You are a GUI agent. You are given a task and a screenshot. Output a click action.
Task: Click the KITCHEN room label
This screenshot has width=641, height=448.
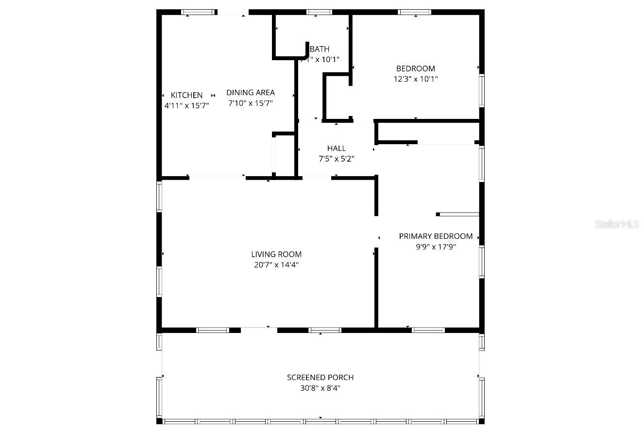[x=186, y=95]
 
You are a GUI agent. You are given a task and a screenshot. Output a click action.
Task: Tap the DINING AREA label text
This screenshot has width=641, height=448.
[x=251, y=92]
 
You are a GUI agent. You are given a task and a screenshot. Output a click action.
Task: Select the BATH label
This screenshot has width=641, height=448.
[x=320, y=49]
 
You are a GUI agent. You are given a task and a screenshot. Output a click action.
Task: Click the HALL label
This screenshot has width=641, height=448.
[x=337, y=148]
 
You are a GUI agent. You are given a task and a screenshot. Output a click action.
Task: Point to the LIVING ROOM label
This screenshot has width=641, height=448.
[x=276, y=254]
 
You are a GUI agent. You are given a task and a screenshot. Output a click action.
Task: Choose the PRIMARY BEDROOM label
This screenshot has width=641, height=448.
[x=436, y=236]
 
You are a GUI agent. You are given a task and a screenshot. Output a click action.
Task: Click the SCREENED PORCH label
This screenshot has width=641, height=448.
[x=320, y=377]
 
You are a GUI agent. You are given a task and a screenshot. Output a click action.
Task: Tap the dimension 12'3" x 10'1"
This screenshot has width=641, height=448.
[x=416, y=79]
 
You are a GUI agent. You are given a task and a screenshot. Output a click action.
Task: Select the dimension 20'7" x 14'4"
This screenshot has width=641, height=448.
[x=276, y=265]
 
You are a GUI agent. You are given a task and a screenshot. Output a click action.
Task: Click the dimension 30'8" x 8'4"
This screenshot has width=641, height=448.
[x=320, y=388]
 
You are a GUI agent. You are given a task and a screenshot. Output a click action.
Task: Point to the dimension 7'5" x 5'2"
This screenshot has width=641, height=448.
[x=337, y=159]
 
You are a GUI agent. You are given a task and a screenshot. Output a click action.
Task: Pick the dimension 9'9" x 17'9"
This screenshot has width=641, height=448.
[x=436, y=247]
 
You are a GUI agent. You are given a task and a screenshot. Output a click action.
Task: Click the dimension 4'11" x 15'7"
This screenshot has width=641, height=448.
[x=186, y=105]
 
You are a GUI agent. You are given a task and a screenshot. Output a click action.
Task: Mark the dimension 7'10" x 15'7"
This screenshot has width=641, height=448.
[x=251, y=103]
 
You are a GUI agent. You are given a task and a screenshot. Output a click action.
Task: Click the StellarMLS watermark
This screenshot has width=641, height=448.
[x=617, y=224]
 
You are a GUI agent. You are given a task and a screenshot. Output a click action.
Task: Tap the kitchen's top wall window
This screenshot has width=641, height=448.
[x=200, y=12]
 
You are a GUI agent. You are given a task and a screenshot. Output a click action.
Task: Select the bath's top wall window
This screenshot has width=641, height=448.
[x=319, y=12]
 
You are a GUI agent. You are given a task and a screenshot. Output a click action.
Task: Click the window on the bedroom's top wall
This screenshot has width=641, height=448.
[x=415, y=12]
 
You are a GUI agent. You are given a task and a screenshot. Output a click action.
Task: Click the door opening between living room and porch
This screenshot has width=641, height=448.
[x=259, y=330]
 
